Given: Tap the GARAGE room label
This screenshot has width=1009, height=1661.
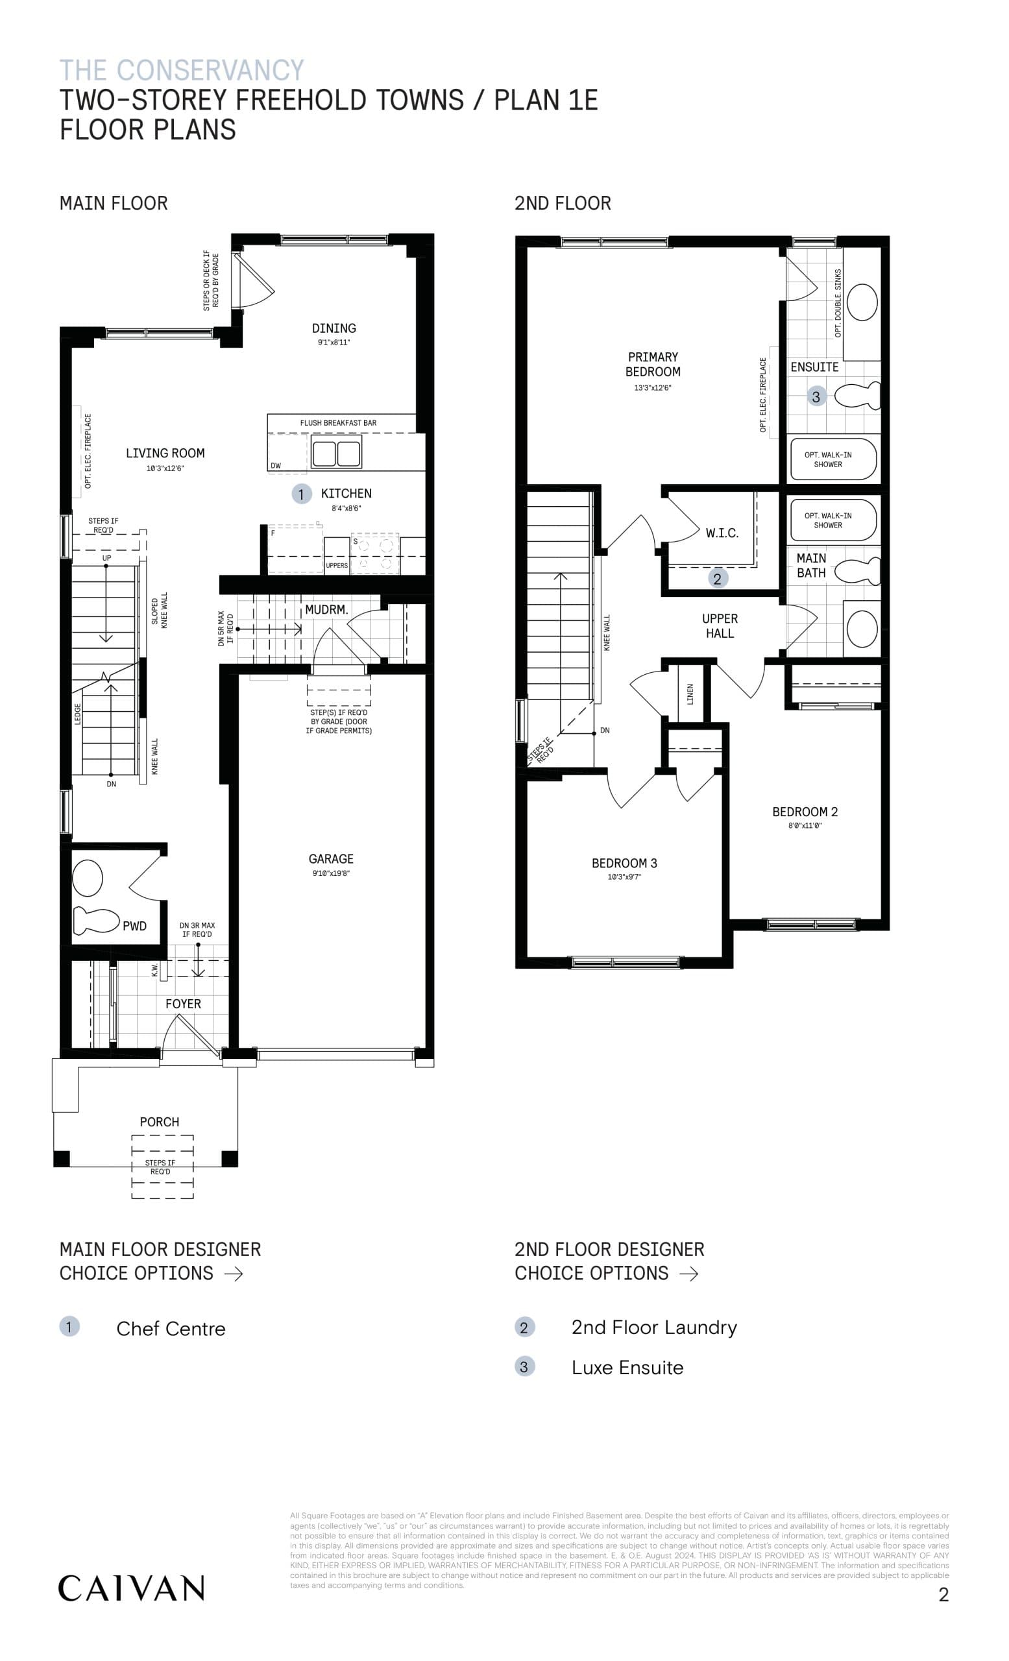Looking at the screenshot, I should tap(330, 859).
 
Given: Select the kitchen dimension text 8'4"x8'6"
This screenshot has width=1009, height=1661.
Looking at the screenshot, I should tap(346, 508).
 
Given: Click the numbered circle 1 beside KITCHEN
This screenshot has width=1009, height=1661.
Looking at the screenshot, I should tap(300, 494).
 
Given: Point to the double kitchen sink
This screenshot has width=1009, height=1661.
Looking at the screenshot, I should tap(336, 452).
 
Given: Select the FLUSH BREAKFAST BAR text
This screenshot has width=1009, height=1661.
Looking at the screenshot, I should tap(338, 422).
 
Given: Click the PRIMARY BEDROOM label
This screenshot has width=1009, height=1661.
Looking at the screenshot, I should tap(653, 364).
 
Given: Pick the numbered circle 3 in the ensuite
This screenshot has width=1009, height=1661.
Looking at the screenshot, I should tap(816, 396).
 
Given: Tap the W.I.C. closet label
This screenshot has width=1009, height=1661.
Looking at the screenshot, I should tap(722, 533).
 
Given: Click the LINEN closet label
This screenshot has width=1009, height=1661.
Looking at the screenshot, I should tap(690, 694).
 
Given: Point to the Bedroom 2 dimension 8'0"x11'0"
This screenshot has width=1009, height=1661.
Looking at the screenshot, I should tap(805, 826).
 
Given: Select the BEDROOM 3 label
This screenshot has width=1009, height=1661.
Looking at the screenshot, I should tap(624, 863).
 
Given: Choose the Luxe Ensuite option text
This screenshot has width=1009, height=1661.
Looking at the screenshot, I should tap(627, 1367).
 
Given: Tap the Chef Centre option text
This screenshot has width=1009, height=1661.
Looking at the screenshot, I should tap(171, 1329).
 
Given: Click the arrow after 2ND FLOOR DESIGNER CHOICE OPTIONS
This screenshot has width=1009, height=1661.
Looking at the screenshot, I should tap(689, 1274).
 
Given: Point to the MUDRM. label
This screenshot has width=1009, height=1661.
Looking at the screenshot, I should tap(326, 609).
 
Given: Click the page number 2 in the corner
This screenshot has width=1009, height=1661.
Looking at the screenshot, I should tap(943, 1594).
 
